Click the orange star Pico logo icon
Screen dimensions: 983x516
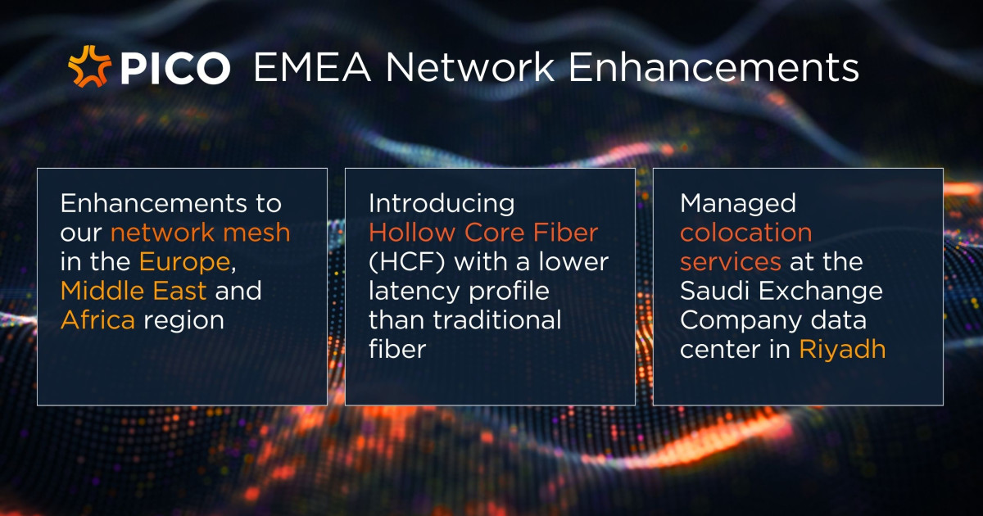pyautogui.click(x=89, y=66)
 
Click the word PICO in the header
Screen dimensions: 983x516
pyautogui.click(x=175, y=68)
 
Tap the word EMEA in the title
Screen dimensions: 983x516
pyautogui.click(x=312, y=67)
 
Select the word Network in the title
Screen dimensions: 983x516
pyautogui.click(x=469, y=67)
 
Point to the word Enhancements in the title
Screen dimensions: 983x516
pyautogui.click(x=713, y=67)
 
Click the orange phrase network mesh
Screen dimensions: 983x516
pyautogui.click(x=200, y=233)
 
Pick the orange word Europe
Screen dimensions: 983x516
pyautogui.click(x=185, y=263)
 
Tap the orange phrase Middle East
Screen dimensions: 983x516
pyautogui.click(x=134, y=291)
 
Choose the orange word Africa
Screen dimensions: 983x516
pyautogui.click(x=97, y=320)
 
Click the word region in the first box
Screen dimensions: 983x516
pyautogui.click(x=183, y=322)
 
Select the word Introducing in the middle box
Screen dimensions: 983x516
pyautogui.click(x=442, y=205)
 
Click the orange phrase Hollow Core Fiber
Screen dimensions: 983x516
pyautogui.click(x=483, y=232)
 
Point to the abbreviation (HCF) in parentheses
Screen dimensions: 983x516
pyautogui.click(x=407, y=262)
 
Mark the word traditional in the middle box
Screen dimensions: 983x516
pyautogui.click(x=497, y=320)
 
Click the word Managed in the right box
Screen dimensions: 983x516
pyautogui.click(x=738, y=205)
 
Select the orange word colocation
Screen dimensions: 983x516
pyautogui.click(x=746, y=232)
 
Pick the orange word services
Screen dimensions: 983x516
pyautogui.click(x=731, y=262)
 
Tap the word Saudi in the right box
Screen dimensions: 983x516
pyautogui.click(x=715, y=291)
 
